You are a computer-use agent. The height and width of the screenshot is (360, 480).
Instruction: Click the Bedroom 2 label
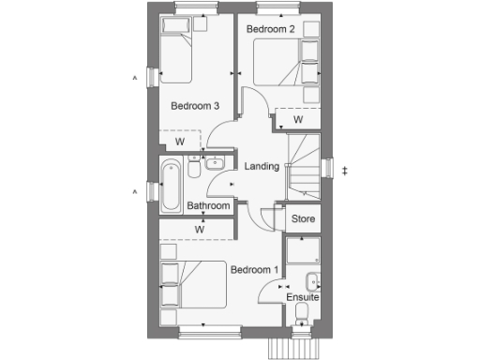coord(270,29)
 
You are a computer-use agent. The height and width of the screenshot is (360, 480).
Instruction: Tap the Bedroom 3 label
coord(195,106)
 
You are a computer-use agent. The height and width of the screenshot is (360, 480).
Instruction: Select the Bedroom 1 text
coord(254,270)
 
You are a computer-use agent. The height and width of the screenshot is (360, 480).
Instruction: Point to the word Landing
coord(262,167)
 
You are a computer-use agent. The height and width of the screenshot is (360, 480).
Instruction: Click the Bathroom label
coord(208,206)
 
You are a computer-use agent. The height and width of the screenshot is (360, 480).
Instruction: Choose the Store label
coord(302,219)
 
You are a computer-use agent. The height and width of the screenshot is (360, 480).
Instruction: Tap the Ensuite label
coord(303,297)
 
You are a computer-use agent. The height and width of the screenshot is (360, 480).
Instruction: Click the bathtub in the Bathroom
coord(171,185)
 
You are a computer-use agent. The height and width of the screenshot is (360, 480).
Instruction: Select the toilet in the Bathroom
coord(194,169)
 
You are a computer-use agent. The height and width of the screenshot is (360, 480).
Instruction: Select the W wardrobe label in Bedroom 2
coord(297,120)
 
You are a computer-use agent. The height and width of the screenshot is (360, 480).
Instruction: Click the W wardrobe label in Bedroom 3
coord(179,142)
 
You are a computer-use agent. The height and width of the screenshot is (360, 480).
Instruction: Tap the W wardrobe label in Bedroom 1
coord(200,228)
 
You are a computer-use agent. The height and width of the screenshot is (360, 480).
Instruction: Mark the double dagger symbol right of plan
coord(345,170)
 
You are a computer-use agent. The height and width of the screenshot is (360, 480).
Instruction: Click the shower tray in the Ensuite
coord(304,248)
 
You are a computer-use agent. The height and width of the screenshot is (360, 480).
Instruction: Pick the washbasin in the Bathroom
coord(212,163)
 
